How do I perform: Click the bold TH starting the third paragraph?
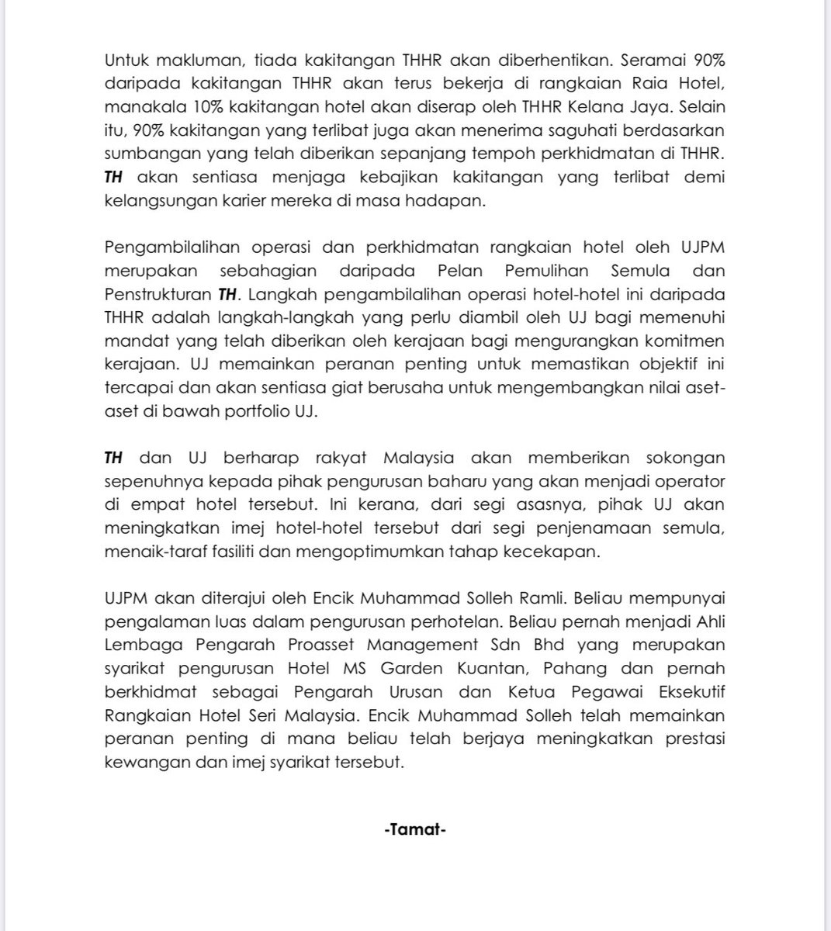pos(113,458)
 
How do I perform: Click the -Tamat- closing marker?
pos(415,829)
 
